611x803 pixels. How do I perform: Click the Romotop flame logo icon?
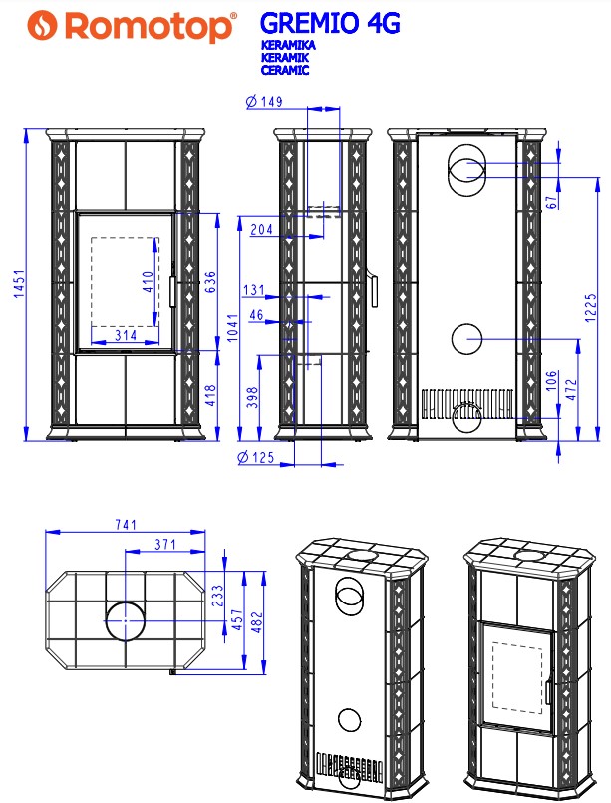[42, 26]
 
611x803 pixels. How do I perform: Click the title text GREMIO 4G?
[330, 23]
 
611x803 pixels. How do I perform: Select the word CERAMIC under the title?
[285, 70]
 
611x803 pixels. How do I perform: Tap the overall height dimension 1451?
[19, 284]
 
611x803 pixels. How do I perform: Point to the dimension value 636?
[210, 282]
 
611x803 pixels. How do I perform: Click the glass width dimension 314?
[126, 335]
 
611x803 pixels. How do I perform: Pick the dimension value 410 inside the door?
[148, 282]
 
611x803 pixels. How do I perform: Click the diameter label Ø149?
[264, 102]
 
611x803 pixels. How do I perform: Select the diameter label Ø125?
[256, 457]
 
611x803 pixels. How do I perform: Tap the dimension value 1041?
[233, 328]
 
